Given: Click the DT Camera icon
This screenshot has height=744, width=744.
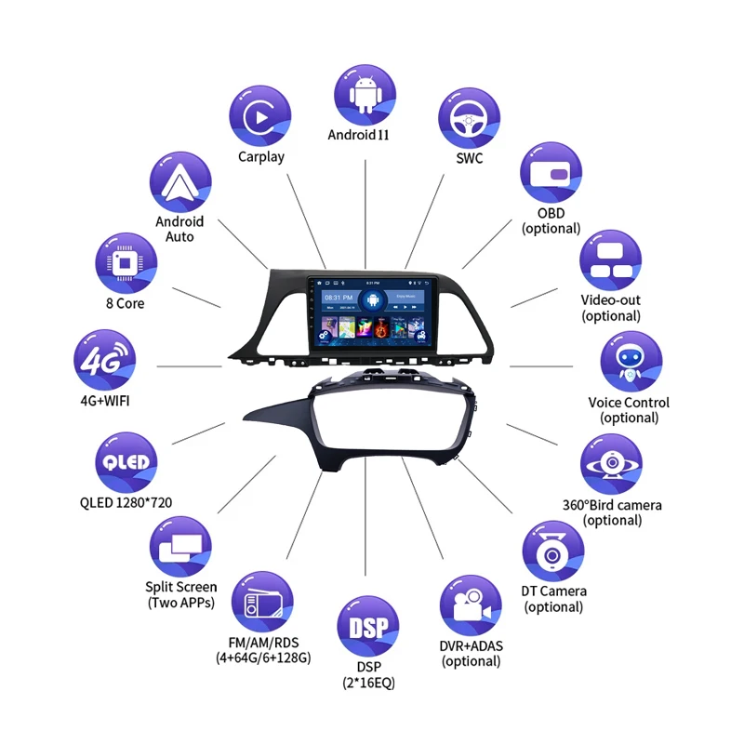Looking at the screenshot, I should coord(553,551).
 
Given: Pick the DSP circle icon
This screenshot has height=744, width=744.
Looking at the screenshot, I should coord(367,626).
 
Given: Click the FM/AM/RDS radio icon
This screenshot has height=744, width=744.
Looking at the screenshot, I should coord(261,602).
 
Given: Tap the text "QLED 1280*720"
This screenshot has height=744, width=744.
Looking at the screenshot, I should coord(126,503).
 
